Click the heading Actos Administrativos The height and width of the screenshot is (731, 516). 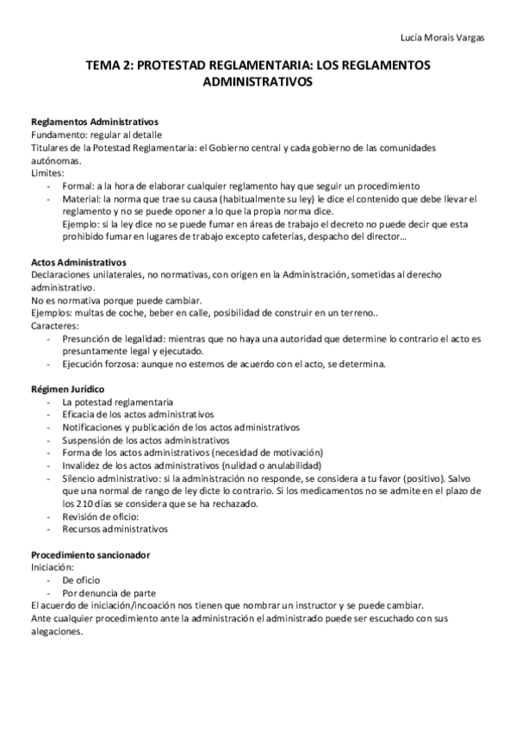click(x=78, y=262)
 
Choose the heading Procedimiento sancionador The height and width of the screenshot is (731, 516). click(x=90, y=554)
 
